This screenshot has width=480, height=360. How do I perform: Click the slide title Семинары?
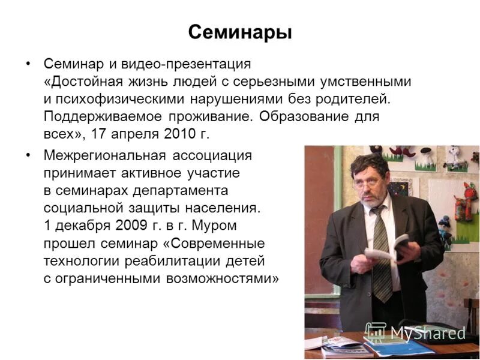pos(240,32)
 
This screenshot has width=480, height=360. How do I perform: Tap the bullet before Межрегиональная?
pos(28,155)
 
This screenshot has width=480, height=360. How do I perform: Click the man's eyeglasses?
pos(367,182)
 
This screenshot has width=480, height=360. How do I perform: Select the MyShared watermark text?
pos(428,332)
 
